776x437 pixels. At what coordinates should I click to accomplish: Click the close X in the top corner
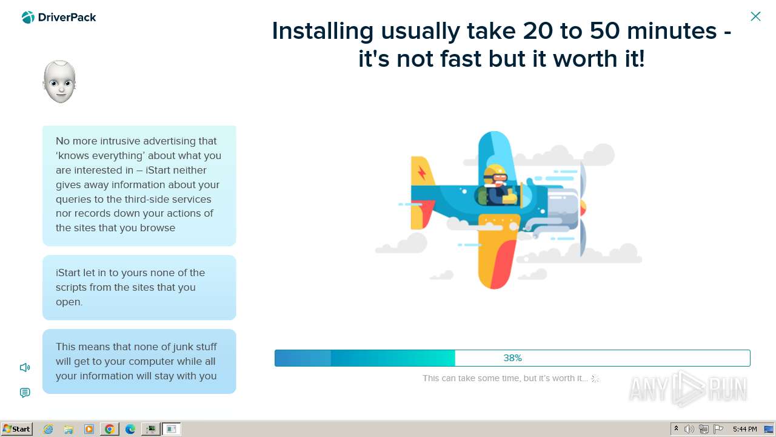[755, 16]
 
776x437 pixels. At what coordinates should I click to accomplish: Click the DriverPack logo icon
[28, 18]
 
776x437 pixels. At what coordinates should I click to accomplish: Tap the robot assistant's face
[59, 82]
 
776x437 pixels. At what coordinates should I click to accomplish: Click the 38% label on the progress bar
[512, 358]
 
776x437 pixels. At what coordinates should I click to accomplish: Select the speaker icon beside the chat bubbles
[25, 367]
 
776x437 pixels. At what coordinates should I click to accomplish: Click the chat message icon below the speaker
[25, 393]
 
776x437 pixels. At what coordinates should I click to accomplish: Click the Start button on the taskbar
[16, 429]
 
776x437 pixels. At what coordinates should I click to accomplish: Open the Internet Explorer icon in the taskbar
[48, 429]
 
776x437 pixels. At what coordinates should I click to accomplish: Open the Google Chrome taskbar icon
[110, 429]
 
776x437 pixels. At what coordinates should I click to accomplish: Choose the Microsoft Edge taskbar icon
[130, 429]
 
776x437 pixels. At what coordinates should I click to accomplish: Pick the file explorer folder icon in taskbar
[69, 429]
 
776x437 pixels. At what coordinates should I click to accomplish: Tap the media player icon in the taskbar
[89, 429]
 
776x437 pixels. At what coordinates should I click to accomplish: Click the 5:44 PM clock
[745, 429]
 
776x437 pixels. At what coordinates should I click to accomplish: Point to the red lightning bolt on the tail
[422, 172]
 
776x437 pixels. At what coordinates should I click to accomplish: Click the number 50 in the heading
[604, 31]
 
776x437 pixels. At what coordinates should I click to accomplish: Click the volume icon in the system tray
[689, 429]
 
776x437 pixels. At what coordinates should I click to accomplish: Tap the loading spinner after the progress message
[595, 379]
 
